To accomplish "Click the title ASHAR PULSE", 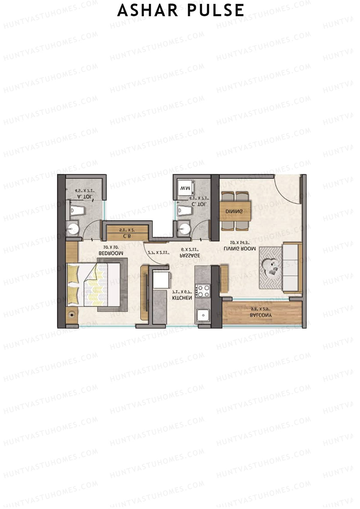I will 181,10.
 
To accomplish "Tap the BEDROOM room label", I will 111,253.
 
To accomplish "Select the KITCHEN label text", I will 182,298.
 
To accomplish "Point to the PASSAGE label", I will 190,256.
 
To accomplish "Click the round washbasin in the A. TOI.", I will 73,229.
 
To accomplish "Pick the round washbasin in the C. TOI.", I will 184,229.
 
